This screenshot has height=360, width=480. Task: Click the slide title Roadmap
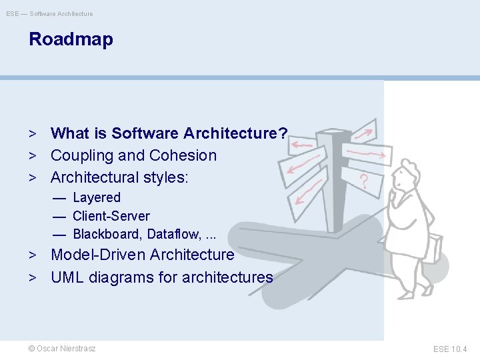pos(71,39)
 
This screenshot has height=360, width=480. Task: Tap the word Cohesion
pos(183,156)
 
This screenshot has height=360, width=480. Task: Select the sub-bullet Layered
pos(97,198)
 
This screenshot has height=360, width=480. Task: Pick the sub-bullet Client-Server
pos(111,216)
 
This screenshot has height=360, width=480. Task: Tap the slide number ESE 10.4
pos(450,349)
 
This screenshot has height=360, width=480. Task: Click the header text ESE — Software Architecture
pos(50,13)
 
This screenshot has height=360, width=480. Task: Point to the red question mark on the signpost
pos(364,181)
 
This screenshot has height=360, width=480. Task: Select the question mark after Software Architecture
pos(283,134)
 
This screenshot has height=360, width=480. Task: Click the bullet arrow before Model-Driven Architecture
pos(31,255)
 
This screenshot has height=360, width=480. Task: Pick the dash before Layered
pos(59,198)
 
